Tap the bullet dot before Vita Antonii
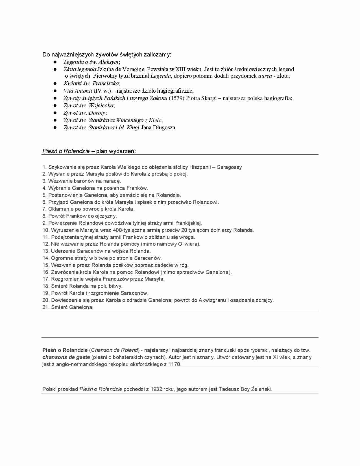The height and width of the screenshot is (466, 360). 55,91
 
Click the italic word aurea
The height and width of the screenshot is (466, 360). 265,76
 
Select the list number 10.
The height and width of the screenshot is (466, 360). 46,230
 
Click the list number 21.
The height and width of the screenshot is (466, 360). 46,307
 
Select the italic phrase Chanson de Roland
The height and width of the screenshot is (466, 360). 115,350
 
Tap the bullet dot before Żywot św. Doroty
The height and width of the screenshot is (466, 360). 55,113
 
